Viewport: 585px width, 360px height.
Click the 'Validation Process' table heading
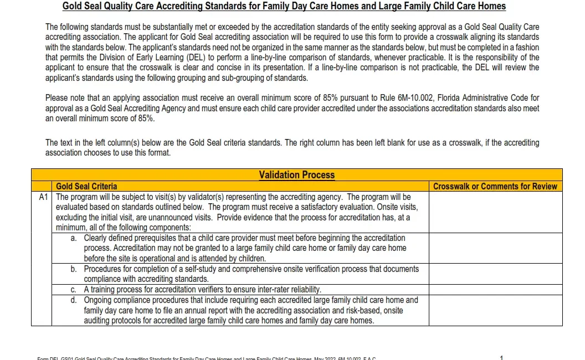point(296,175)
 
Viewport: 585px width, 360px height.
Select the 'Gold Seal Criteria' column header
point(86,187)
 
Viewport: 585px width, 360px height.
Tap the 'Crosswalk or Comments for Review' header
point(495,187)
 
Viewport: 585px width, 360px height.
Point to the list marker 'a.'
point(74,238)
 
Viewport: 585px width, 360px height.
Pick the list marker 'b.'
point(74,269)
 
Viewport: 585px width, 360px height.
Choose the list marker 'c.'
point(74,290)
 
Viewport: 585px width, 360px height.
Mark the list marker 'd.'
point(74,300)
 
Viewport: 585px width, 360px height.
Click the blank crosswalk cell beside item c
point(495,290)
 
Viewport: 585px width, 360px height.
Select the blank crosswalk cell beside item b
point(495,274)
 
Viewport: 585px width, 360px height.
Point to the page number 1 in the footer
point(501,357)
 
